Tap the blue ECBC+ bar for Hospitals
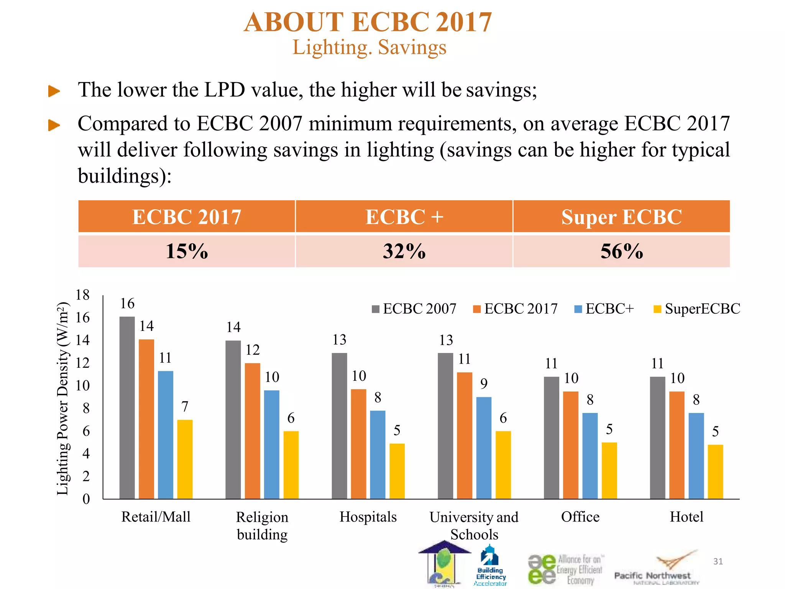[378, 455]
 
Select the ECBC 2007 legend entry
[414, 309]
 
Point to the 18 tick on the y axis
[82, 295]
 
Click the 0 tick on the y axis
[86, 499]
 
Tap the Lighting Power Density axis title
[62, 399]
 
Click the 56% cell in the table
[621, 252]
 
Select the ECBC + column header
[404, 217]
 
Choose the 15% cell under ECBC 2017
[187, 252]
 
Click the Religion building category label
[262, 525]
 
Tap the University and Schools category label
[474, 525]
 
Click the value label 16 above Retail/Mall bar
[127, 304]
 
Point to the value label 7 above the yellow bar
[185, 406]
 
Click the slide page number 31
[718, 561]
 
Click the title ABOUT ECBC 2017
[368, 22]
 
